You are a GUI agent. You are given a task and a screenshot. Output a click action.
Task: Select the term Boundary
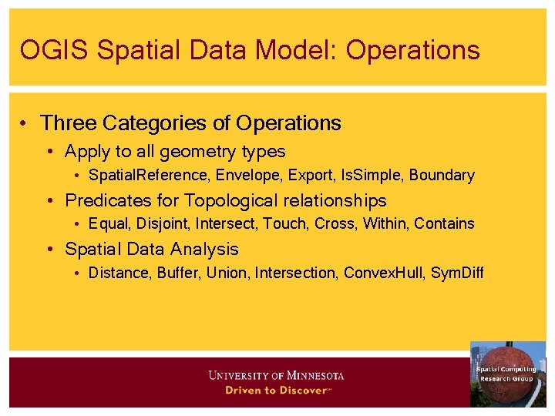(x=442, y=176)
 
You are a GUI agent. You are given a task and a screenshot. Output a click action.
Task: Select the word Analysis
(x=205, y=250)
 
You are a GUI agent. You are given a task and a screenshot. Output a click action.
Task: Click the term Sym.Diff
(x=457, y=273)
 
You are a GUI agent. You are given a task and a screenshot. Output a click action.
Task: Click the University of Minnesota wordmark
(x=277, y=376)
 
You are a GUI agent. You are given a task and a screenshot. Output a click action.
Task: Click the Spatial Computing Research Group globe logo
(x=506, y=374)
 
